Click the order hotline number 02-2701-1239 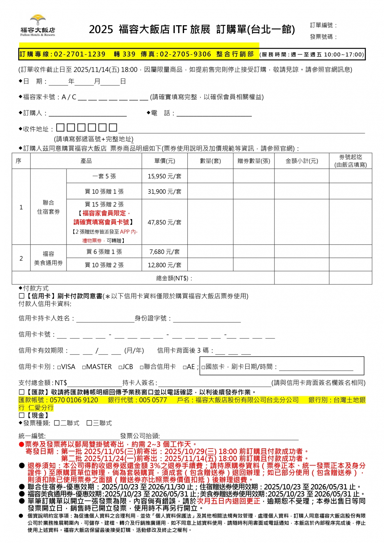(79, 54)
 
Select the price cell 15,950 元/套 (165, 176)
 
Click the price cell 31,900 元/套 (165, 191)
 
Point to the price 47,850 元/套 (165, 222)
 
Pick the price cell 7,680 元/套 (165, 252)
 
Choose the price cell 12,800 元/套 (165, 265)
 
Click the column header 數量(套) (210, 161)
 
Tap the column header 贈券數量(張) (254, 161)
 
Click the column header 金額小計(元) (302, 161)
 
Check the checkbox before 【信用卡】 (22, 296)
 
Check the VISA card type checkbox (59, 367)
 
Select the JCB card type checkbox (120, 367)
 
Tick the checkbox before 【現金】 (22, 415)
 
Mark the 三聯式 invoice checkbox (89, 423)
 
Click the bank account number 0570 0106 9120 (74, 400)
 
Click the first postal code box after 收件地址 (60, 127)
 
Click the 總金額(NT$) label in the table (174, 278)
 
